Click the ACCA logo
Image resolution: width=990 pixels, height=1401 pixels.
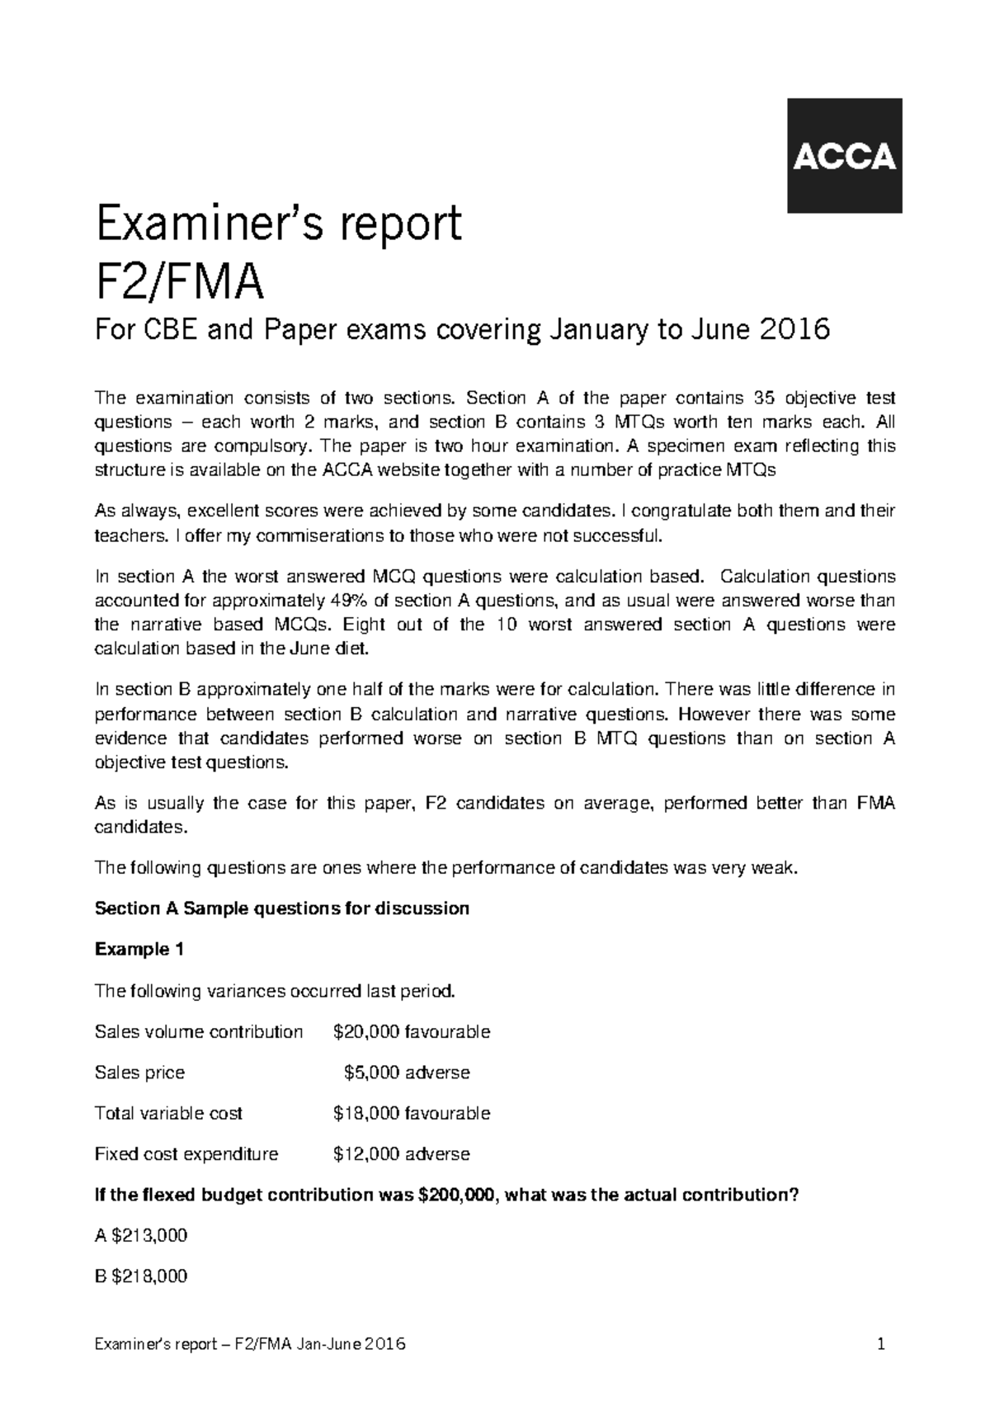click(844, 156)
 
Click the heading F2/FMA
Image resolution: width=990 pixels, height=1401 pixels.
click(180, 282)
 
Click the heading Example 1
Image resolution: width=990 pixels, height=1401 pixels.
click(139, 950)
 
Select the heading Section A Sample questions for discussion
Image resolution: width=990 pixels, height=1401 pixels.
click(282, 909)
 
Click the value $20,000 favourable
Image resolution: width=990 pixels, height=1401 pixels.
click(411, 1032)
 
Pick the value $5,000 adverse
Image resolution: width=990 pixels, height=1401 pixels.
click(406, 1073)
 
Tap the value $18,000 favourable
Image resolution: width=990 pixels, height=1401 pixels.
click(411, 1113)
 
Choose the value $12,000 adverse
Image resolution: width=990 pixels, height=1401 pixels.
click(401, 1154)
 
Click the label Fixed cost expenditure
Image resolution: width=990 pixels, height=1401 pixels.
click(186, 1154)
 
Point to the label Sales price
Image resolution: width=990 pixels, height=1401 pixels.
click(139, 1073)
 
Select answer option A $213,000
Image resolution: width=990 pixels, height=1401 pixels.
click(141, 1236)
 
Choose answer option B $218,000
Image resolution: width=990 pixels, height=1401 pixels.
click(141, 1276)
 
